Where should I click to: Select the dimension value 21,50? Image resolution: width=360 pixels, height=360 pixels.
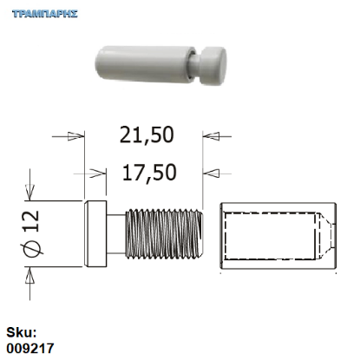[146, 134]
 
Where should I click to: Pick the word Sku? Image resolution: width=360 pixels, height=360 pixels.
[23, 332]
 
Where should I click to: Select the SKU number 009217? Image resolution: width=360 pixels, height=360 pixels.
[30, 348]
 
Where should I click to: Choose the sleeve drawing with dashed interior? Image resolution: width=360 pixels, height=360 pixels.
[277, 234]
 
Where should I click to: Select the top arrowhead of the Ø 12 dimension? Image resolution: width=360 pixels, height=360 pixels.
[31, 195]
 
